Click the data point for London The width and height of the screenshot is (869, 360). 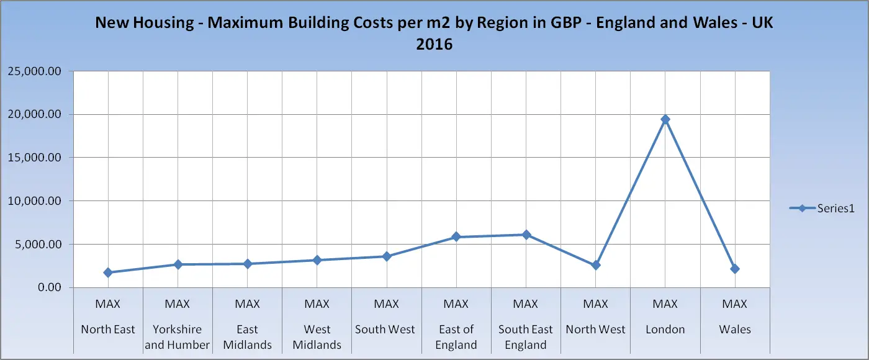(x=665, y=119)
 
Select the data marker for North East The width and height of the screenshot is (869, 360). (x=108, y=272)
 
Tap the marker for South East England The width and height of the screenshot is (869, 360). (x=526, y=235)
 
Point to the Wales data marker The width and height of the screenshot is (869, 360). (x=735, y=269)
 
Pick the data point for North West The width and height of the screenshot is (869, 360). (x=596, y=265)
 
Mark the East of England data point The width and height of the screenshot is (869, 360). (x=456, y=237)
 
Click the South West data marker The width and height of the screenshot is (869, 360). (x=387, y=256)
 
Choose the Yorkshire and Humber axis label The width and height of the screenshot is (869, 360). (x=178, y=337)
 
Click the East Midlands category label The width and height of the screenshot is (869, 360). (x=247, y=337)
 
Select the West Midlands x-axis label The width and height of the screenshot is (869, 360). (x=317, y=337)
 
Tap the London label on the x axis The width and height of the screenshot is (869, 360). (x=665, y=330)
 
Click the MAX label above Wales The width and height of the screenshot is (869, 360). (x=735, y=304)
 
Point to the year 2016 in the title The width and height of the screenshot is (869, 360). (x=434, y=45)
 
